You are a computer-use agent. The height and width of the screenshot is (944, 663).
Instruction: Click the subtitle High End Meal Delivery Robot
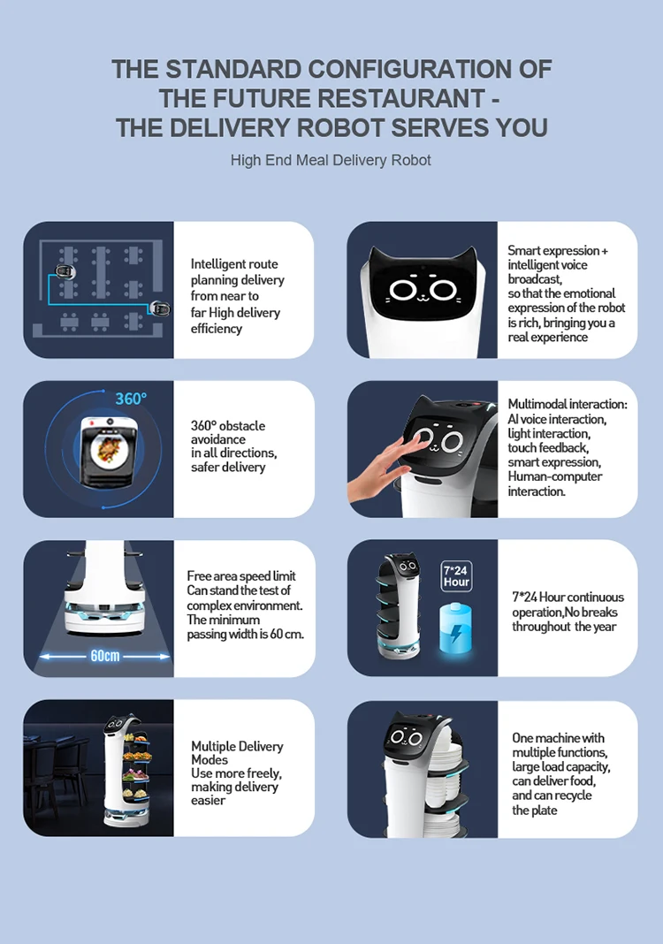click(x=331, y=160)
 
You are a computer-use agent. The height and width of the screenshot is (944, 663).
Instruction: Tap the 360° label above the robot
click(x=130, y=399)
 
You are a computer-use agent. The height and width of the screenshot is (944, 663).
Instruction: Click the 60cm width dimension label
click(x=104, y=656)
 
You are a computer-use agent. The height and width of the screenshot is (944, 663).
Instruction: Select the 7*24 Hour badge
click(x=456, y=576)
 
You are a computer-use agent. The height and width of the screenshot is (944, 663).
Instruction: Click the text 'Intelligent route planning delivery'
click(x=237, y=272)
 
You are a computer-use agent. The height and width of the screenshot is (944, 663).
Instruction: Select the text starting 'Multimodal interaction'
click(x=567, y=404)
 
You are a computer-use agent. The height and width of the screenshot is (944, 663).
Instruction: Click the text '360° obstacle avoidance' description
click(x=228, y=432)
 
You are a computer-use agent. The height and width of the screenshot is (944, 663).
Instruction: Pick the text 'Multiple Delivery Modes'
click(x=237, y=752)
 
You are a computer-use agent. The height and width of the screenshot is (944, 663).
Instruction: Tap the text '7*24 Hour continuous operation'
click(x=568, y=605)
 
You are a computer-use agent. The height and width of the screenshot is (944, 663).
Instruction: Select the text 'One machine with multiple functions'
click(x=560, y=745)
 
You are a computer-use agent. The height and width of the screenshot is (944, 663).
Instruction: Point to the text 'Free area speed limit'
click(x=240, y=576)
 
